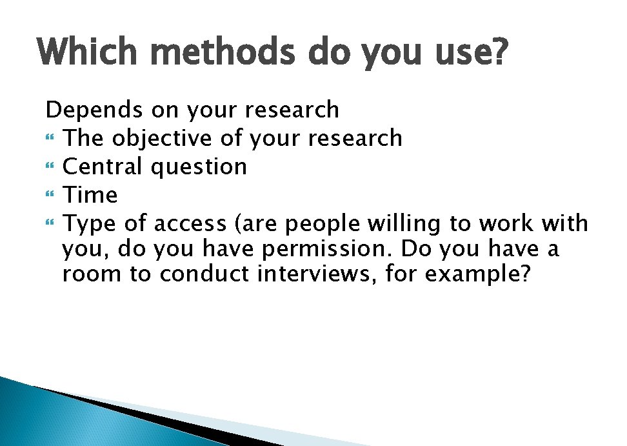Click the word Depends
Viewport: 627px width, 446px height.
click(x=94, y=110)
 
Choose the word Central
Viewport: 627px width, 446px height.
click(x=103, y=167)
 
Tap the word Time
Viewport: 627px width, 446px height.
click(x=90, y=195)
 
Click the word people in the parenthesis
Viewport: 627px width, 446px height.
click(x=324, y=225)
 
